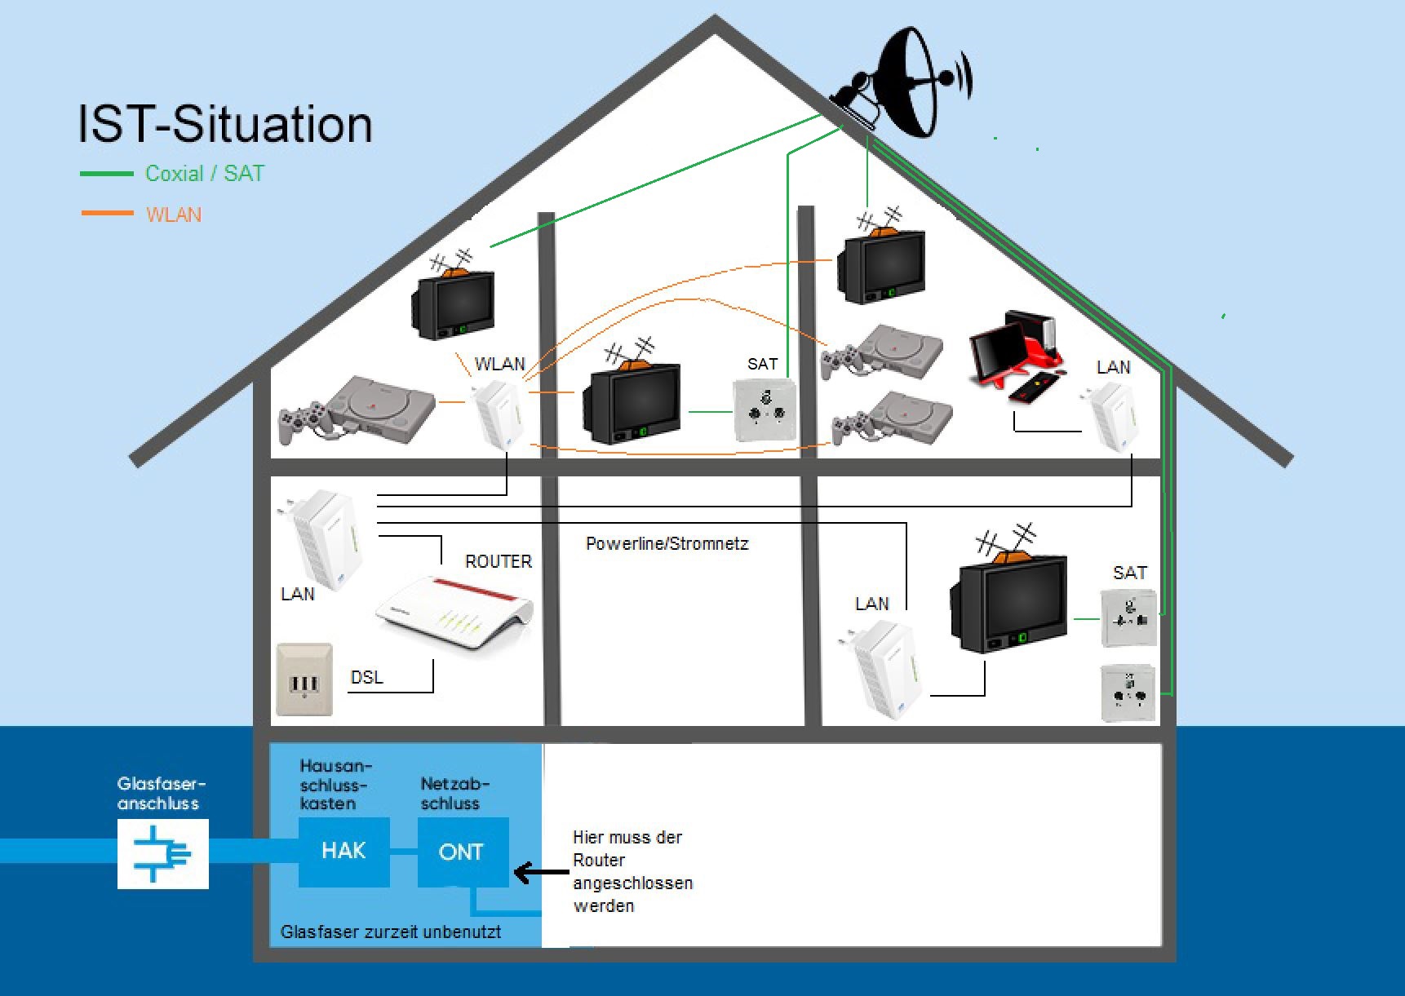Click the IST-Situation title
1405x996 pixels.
point(225,124)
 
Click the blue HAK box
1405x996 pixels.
point(343,852)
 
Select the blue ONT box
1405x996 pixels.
point(462,852)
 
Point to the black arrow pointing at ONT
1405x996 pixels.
point(540,873)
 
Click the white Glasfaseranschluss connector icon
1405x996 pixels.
point(162,854)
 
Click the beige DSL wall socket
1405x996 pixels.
point(304,679)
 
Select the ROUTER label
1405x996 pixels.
point(498,561)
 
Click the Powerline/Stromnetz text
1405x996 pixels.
point(667,544)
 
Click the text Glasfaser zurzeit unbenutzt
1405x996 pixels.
point(390,932)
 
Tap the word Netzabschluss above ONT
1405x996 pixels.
point(454,794)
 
